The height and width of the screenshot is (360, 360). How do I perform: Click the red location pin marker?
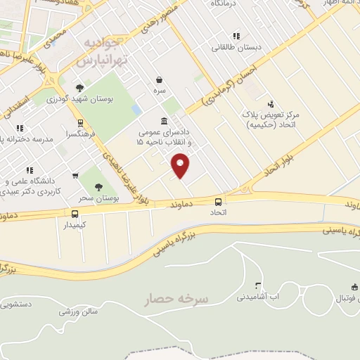point(181,165)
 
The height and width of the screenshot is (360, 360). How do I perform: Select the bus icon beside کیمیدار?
point(75,214)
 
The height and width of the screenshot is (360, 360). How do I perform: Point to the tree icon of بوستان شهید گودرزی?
point(79,88)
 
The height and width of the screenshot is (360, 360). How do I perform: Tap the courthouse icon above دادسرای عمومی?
point(164,120)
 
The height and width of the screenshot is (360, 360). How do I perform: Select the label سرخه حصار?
point(176,300)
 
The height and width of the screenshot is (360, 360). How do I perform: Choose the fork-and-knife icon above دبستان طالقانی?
point(237,36)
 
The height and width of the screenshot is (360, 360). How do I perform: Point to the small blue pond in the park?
point(136,110)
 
